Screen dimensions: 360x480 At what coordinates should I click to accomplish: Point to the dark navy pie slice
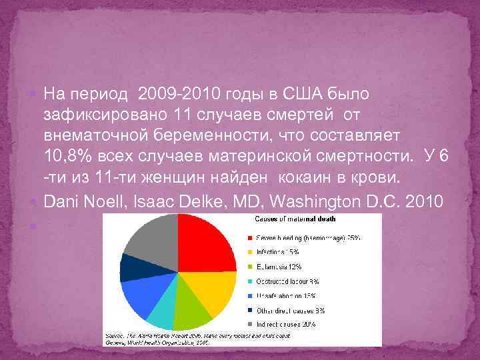coord(131,268)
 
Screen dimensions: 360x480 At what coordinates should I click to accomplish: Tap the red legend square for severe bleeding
coord(249,236)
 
